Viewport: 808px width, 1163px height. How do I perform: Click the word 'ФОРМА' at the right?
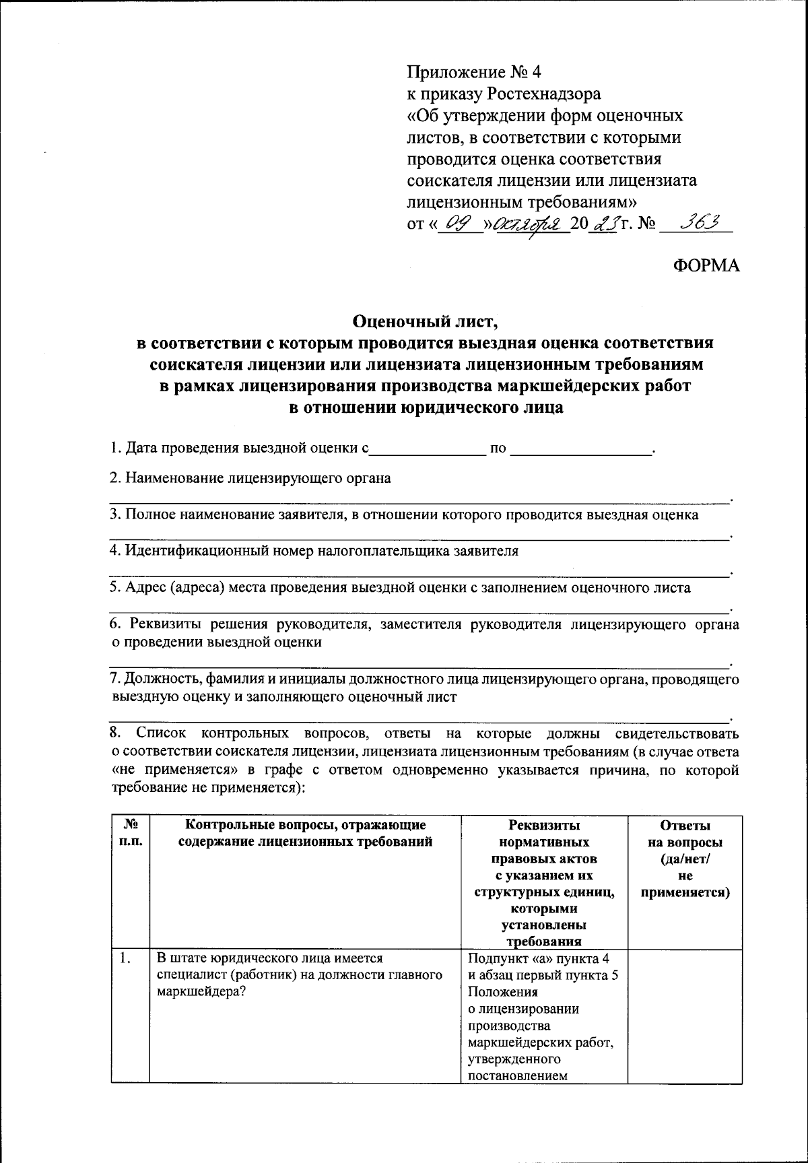[706, 265]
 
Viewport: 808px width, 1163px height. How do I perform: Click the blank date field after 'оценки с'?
[428, 447]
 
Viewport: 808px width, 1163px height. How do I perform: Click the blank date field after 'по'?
[581, 447]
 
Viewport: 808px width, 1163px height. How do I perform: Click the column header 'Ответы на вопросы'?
[685, 835]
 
